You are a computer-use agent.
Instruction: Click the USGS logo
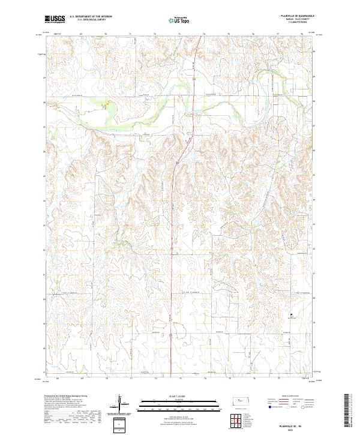[x=54, y=20]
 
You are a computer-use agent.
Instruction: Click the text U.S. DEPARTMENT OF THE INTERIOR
[x=91, y=16]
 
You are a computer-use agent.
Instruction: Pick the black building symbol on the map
[x=292, y=314]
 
